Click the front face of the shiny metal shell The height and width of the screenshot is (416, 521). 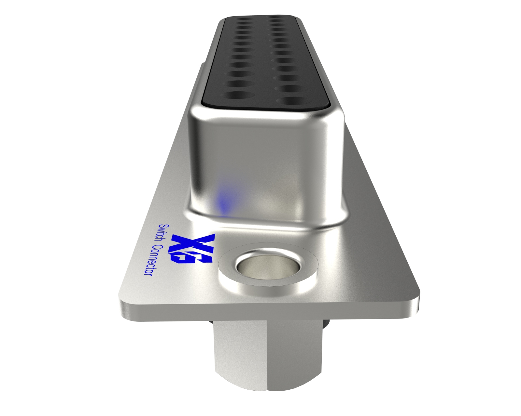pos(264,162)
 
